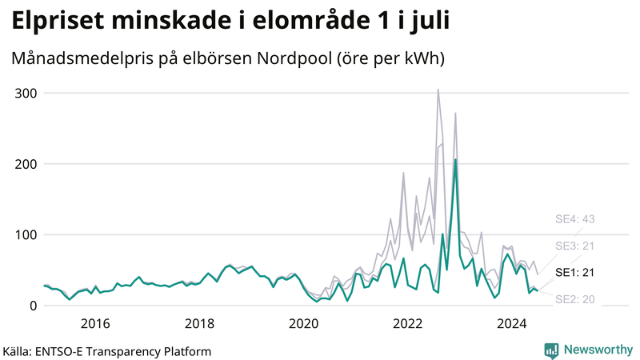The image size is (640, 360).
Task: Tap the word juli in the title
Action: pyautogui.click(x=424, y=21)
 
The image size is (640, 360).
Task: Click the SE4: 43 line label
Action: pyautogui.click(x=575, y=219)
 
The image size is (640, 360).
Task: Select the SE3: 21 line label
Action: pyautogui.click(x=575, y=246)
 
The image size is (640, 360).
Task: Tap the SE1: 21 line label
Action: pyautogui.click(x=575, y=273)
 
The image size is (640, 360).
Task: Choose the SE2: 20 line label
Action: pyautogui.click(x=575, y=299)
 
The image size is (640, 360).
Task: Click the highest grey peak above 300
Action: pyautogui.click(x=438, y=90)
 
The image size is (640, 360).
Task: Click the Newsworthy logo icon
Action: pyautogui.click(x=551, y=350)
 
